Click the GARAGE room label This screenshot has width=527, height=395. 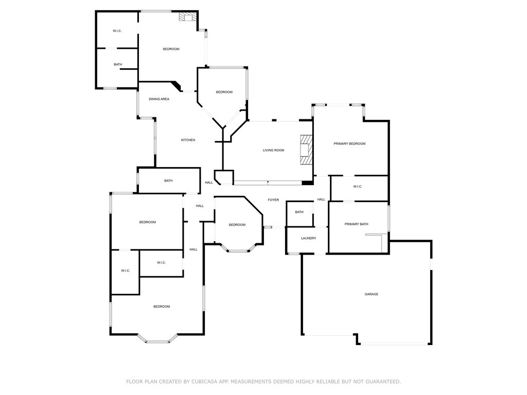click(x=372, y=294)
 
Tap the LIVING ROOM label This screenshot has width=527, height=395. click(x=274, y=150)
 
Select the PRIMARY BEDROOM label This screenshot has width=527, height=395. click(x=349, y=144)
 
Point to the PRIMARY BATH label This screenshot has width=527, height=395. click(x=356, y=224)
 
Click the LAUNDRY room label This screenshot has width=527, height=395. click(x=308, y=238)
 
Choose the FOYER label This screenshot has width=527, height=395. click(x=273, y=200)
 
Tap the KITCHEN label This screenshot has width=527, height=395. click(x=188, y=140)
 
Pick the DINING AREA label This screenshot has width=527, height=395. click(x=159, y=99)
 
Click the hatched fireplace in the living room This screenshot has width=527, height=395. click(x=307, y=150)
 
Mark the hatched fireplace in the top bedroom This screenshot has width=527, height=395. click(x=187, y=17)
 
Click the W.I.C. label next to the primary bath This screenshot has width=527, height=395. click(x=358, y=187)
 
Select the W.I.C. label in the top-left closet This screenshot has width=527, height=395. click(x=117, y=31)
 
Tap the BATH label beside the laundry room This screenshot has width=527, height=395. click(x=299, y=212)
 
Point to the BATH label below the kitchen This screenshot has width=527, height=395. click(x=168, y=181)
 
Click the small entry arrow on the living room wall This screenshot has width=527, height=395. click(x=268, y=182)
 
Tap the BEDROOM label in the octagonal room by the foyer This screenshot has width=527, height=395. click(x=237, y=225)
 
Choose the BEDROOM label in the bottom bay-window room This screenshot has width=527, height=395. click(x=162, y=307)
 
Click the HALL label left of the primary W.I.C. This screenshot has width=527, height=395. click(x=321, y=200)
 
